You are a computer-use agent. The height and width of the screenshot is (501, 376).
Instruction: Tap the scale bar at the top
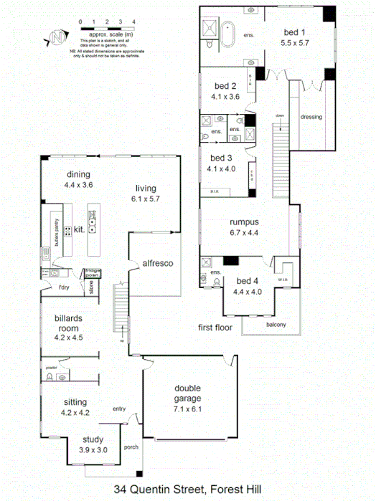(x=108, y=27)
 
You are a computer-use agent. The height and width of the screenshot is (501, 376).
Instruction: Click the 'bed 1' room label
(x=294, y=32)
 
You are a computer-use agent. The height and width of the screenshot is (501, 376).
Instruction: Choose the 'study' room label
(x=93, y=439)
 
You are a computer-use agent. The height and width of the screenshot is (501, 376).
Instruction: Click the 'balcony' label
(x=276, y=325)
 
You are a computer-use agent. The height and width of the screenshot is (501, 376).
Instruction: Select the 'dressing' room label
(x=311, y=117)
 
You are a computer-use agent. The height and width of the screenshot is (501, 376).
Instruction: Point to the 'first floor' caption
(x=215, y=328)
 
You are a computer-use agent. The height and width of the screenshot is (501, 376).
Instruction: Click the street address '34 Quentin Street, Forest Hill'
(x=188, y=490)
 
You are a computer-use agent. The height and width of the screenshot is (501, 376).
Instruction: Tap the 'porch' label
(x=131, y=447)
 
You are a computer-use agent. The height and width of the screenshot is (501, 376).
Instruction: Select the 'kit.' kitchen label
(x=80, y=231)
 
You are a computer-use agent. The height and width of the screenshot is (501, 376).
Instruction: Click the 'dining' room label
(x=78, y=174)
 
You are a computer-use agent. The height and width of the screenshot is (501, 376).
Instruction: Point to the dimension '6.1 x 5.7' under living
(x=146, y=199)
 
